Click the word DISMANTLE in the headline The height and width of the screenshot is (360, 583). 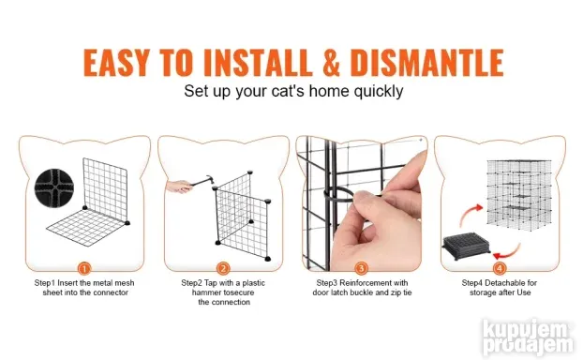click(x=426, y=62)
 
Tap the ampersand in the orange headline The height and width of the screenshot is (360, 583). click(x=331, y=62)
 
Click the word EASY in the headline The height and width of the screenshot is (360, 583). click(x=116, y=62)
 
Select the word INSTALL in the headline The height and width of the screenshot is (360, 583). click(x=258, y=62)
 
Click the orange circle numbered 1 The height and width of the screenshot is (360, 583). click(x=84, y=268)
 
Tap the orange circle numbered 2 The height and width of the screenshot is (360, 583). click(x=223, y=268)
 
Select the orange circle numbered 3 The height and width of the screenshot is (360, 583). click(x=361, y=268)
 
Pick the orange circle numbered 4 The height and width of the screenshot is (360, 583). click(x=500, y=268)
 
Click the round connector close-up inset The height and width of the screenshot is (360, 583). click(x=54, y=187)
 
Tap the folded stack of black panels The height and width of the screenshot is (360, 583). click(x=466, y=246)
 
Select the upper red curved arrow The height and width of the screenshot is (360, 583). click(x=471, y=214)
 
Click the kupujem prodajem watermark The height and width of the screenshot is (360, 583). click(x=528, y=337)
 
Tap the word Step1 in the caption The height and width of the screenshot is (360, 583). click(x=45, y=283)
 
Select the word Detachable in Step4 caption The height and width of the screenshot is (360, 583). click(x=505, y=283)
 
